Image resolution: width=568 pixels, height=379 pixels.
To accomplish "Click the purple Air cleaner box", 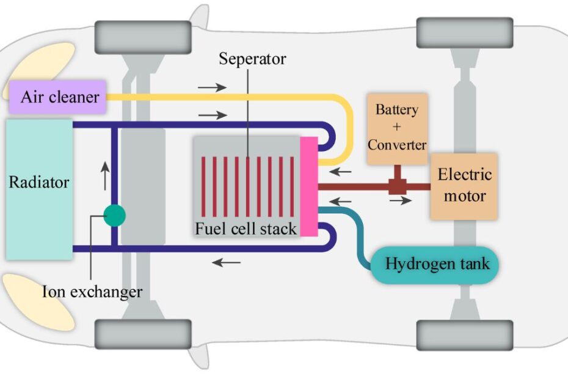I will [57, 97].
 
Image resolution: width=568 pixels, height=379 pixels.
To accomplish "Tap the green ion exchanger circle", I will [114, 215].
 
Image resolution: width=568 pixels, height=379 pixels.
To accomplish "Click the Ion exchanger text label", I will [92, 291].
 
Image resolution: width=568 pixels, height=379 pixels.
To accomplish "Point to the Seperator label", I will [252, 59].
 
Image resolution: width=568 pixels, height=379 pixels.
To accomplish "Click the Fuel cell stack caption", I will [246, 229].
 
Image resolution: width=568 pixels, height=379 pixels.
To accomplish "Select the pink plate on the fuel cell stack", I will [309, 186].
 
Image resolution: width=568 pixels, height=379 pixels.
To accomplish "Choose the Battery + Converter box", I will [397, 128].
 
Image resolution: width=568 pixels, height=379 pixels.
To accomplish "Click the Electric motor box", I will [464, 186].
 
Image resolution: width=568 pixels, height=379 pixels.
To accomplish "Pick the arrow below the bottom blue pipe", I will [227, 263].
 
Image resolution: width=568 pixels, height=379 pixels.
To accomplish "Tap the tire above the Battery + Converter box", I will [464, 32].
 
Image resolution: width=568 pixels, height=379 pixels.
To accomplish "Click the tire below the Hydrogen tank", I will [464, 334].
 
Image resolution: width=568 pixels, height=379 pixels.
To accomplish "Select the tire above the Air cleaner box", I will [142, 36].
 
